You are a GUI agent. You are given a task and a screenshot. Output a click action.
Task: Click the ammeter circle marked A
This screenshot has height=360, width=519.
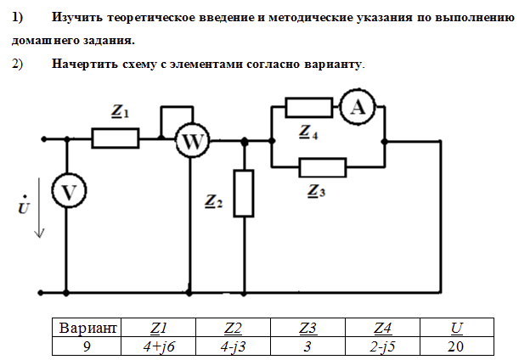pyautogui.click(x=358, y=106)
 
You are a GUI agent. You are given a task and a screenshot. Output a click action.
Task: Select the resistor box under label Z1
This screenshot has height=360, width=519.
pyautogui.click(x=116, y=138)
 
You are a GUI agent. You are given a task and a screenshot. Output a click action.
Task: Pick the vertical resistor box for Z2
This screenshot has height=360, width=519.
pyautogui.click(x=244, y=193)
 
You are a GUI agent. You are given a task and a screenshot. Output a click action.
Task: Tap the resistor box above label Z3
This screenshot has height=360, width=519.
pyautogui.click(x=323, y=167)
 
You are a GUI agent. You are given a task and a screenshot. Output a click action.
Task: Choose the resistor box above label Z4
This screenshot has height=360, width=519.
pyautogui.click(x=309, y=107)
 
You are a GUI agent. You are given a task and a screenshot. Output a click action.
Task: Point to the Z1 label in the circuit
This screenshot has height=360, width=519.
pyautogui.click(x=120, y=111)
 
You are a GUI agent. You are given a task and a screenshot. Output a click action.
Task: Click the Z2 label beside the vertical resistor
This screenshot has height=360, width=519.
pyautogui.click(x=214, y=201)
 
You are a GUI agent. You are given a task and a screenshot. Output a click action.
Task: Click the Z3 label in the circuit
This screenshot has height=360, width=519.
pyautogui.click(x=315, y=191)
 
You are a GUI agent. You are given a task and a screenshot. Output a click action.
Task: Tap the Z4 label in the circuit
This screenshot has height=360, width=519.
pyautogui.click(x=308, y=132)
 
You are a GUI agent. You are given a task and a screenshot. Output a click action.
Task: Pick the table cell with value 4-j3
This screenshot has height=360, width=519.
pyautogui.click(x=233, y=346)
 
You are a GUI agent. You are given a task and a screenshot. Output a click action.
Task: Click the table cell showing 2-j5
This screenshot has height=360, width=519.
pyautogui.click(x=382, y=346)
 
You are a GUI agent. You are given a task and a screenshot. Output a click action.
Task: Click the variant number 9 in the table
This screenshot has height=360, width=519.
pyautogui.click(x=87, y=346)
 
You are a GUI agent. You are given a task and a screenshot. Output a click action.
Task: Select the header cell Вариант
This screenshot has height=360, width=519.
pyautogui.click(x=87, y=328)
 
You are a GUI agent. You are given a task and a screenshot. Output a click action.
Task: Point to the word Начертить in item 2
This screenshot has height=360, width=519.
pyautogui.click(x=89, y=63)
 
